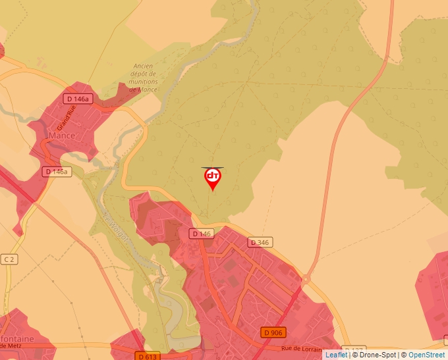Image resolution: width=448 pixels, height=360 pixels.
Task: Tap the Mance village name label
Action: click(62, 136)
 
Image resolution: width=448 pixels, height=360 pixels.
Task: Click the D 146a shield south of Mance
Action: click(56, 171)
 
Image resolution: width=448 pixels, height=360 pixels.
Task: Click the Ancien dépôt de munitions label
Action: click(143, 77)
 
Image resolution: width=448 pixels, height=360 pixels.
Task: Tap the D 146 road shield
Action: click(202, 234)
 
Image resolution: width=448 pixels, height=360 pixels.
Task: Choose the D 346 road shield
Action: click(260, 242)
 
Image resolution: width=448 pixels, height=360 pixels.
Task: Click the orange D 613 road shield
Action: click(150, 356)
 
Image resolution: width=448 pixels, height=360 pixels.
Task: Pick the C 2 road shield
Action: click(9, 259)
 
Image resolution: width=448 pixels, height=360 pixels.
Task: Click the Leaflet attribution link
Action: click(336, 355)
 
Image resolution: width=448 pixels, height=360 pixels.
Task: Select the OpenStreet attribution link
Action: click(426, 355)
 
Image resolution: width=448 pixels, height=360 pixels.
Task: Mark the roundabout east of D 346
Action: click(306, 279)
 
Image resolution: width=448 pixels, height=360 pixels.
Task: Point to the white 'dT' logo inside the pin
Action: click(213, 176)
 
